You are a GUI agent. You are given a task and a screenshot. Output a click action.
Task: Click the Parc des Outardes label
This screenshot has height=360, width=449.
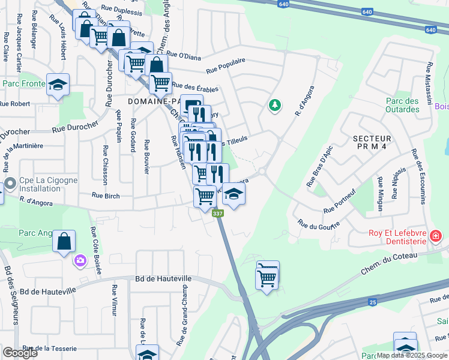402,106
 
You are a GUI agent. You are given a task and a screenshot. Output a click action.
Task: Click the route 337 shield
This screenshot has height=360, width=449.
217,214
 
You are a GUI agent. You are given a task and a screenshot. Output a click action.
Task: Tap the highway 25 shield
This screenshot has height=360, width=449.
373,302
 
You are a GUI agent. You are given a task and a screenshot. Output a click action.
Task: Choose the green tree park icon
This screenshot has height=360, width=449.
275,105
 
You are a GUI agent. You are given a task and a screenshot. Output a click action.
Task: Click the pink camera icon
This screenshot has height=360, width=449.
80,260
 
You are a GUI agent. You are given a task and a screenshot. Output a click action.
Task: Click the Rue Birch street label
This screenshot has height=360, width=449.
106,195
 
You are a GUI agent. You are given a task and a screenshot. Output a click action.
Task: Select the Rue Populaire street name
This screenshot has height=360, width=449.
225,66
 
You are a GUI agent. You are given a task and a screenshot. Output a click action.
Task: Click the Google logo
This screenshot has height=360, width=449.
20,353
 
